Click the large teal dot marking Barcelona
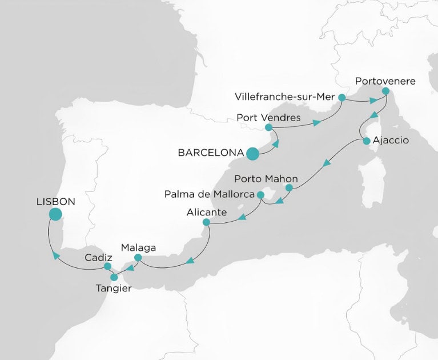(252, 153)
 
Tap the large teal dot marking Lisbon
(55, 214)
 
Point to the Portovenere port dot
(385, 91)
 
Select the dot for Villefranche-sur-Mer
(341, 98)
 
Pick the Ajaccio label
(391, 141)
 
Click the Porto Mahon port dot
(289, 187)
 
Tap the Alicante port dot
(206, 223)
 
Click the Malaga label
(138, 248)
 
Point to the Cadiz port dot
(107, 266)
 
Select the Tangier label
(113, 289)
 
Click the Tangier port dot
(114, 277)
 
